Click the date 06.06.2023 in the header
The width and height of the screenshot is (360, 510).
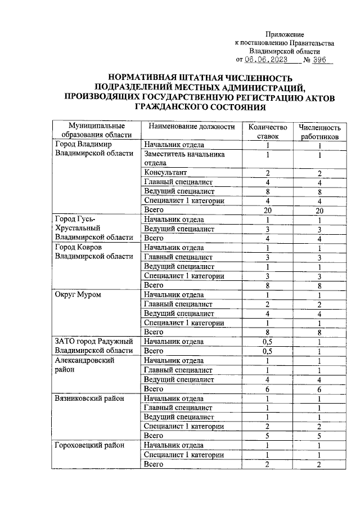pyautogui.click(x=266, y=60)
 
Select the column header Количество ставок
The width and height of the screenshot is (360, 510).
pyautogui.click(x=264, y=131)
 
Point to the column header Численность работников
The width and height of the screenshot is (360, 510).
pyautogui.click(x=319, y=132)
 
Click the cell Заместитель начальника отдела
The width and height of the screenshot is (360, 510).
pyautogui.click(x=184, y=158)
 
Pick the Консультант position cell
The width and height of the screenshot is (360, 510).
pyautogui.click(x=165, y=172)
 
